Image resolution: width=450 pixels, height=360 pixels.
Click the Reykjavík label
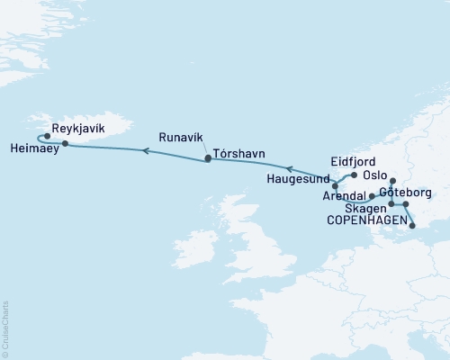79,130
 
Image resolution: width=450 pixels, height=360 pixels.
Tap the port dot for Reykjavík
47,137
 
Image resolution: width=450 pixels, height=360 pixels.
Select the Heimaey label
35,148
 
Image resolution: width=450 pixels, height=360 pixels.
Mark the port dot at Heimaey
65,143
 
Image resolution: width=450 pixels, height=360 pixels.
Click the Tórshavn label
239,154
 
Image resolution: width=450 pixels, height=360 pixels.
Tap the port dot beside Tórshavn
208,158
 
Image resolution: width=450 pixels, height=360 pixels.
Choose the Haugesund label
299,179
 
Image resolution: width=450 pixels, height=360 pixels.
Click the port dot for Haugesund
335,186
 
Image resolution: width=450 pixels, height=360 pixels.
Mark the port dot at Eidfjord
354,175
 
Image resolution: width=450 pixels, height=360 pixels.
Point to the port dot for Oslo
393,181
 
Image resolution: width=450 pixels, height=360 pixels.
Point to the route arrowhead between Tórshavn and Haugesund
288,167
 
